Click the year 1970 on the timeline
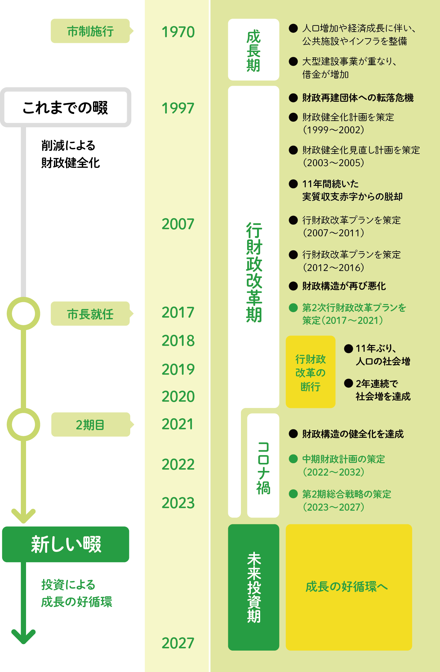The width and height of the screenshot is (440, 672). coord(178,32)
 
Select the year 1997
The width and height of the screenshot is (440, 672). coord(178,108)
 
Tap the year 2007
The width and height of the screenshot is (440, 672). coord(178,224)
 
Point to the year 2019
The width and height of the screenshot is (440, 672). coord(178,369)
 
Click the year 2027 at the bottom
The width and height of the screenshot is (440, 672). coord(178,643)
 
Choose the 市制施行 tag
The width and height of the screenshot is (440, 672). coord(90,31)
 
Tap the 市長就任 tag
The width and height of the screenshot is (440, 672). coord(90,314)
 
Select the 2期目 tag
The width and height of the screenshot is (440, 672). coord(90,425)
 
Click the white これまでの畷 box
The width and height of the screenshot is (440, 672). coord(65,107)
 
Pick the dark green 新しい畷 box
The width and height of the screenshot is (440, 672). coord(65,544)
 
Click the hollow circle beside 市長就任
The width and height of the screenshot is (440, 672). coord(24,313)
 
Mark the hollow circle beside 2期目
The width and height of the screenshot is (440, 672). coord(24,424)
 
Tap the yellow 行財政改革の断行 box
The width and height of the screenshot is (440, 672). coord(310,372)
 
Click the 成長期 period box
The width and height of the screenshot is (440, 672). coord(253,50)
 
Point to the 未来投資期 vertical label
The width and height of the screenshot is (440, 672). coord(254,587)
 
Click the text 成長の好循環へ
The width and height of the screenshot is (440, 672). coord(347,587)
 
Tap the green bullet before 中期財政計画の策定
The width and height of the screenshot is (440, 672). coord(293,459)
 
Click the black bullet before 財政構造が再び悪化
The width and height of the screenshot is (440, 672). coord(293,286)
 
